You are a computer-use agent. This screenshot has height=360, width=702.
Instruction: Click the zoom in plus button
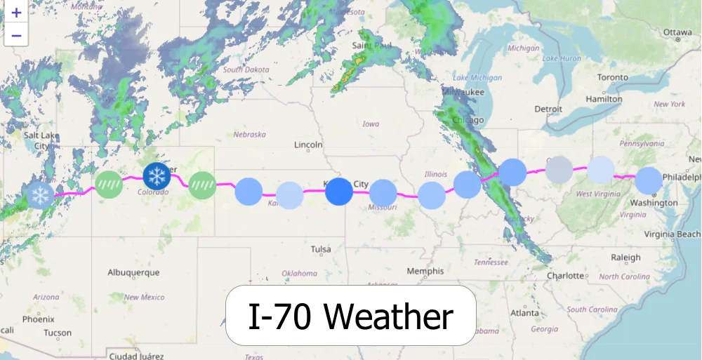(16, 13)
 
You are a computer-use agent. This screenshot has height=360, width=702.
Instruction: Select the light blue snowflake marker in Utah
(39, 194)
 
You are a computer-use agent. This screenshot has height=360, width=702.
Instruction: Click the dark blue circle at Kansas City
(339, 191)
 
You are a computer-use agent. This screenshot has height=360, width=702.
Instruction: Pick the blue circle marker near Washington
(649, 180)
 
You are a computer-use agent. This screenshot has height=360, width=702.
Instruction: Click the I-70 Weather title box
(350, 316)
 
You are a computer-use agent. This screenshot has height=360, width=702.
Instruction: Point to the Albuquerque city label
(133, 272)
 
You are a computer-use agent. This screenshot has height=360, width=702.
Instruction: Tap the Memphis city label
(425, 271)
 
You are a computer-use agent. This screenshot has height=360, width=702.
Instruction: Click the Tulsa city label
(321, 249)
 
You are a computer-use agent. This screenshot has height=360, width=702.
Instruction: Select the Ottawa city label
(677, 32)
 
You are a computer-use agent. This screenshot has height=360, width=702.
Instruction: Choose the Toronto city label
(613, 77)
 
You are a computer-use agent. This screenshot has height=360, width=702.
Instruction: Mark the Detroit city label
(548, 109)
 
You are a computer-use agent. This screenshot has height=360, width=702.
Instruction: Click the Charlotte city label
(566, 276)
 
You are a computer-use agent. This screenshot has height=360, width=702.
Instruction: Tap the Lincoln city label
(309, 145)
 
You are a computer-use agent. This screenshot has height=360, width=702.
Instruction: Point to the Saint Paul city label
(369, 46)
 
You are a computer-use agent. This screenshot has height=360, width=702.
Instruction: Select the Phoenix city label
(38, 319)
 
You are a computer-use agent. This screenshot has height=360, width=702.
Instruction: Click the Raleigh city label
(625, 258)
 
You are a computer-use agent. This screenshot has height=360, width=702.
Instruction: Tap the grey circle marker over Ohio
(559, 170)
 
